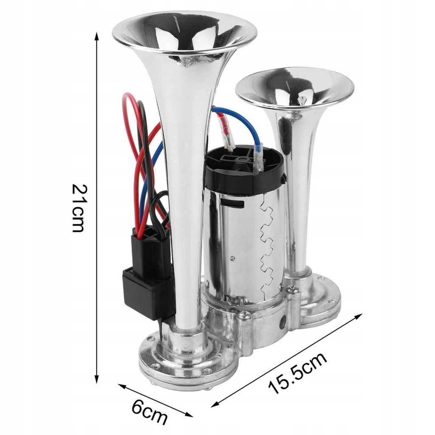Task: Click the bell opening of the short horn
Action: [x=294, y=87]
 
